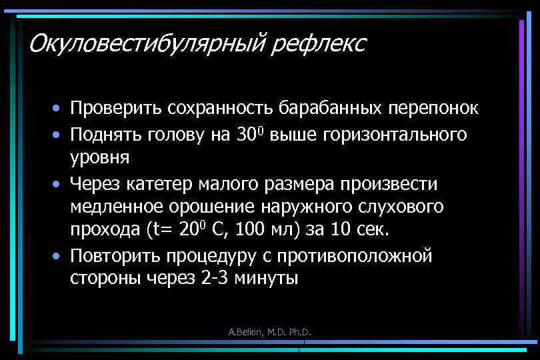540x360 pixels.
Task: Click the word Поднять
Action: pos(107,134)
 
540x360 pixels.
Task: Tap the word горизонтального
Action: pos(395,134)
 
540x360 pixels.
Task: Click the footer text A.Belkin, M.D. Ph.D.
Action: pos(270,331)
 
